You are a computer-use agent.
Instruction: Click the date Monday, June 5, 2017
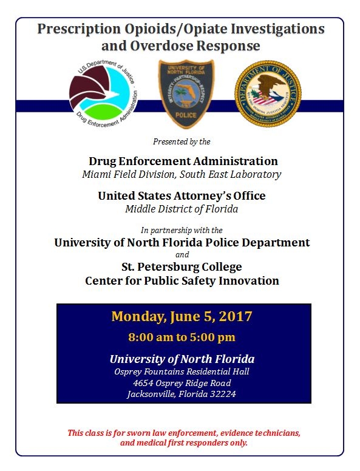point(182,316)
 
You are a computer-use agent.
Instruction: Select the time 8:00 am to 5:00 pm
point(182,337)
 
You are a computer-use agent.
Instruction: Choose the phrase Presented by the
point(182,142)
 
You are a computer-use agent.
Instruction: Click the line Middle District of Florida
point(182,209)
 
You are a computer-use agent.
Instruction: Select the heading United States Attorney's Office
point(182,196)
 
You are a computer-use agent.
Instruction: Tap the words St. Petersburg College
point(182,267)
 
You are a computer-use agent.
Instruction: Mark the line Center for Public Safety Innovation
point(182,281)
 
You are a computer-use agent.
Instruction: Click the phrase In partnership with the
point(182,230)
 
